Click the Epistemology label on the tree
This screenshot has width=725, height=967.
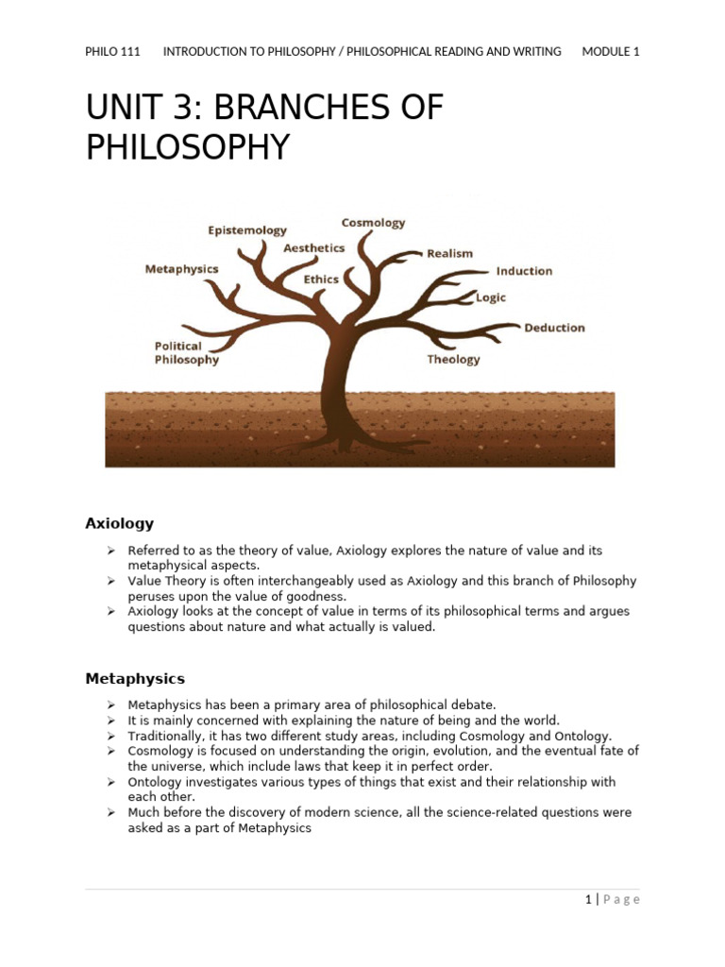pos(247,229)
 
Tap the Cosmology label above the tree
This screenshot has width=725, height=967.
pos(373,223)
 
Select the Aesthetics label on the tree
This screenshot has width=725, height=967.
pos(314,248)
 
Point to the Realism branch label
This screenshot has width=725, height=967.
pos(449,253)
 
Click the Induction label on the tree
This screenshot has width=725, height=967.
pos(524,271)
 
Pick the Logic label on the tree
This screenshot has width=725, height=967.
pos(491,297)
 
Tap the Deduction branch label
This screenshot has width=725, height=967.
pos(554,328)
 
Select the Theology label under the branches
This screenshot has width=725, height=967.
pos(453,359)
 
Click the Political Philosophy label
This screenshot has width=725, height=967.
pos(186,352)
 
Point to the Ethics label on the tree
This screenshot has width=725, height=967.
pos(321,280)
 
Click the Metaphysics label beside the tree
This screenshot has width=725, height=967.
pos(181,269)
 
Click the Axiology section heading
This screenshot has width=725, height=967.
pos(119,523)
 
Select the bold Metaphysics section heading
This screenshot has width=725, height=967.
pos(135,678)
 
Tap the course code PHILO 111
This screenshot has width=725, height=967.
pos(112,52)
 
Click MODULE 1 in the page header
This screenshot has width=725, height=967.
pos(611,52)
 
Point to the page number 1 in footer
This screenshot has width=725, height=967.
pos(587,899)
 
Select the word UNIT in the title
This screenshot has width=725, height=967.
pos(123,109)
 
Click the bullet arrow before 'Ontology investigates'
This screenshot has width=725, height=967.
pos(110,782)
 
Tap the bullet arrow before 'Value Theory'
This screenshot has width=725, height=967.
pos(110,581)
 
